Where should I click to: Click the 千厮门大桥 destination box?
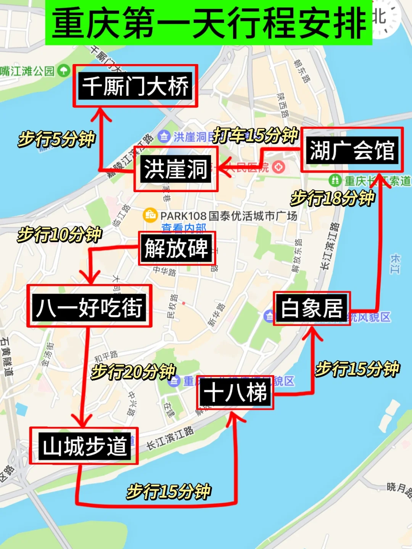point(135,86)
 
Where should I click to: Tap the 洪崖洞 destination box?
point(176,169)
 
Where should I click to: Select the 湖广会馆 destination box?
point(352,150)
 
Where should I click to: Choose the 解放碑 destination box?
point(177,249)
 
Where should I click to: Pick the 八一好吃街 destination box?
point(89,306)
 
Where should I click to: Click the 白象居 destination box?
point(312,308)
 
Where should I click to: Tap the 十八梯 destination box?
point(235,392)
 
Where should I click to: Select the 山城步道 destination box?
point(84,446)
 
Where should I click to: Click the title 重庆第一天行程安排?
point(209,23)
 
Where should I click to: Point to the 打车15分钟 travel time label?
point(255,135)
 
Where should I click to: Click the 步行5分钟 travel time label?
point(56,139)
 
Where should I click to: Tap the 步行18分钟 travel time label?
point(333,198)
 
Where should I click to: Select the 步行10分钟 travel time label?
point(60,234)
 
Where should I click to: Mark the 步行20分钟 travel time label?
point(133,371)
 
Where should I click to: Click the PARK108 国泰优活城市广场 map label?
point(229,216)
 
